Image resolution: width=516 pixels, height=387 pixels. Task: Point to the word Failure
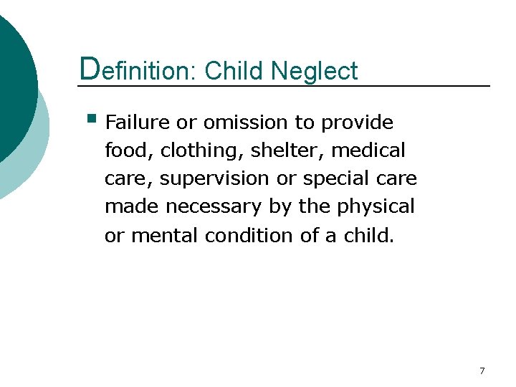click(138, 123)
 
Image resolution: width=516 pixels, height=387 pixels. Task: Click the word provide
click(357, 123)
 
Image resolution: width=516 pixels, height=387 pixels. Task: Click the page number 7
click(482, 371)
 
